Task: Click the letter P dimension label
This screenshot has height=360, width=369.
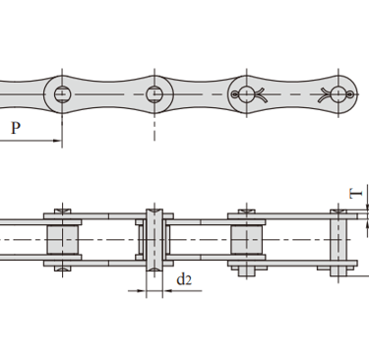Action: point(16,128)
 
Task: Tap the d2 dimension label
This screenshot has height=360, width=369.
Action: point(184,279)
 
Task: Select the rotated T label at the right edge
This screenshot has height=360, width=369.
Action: point(356,194)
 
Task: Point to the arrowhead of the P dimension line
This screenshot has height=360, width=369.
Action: point(58,141)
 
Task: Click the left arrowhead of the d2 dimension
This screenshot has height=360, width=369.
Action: point(142,290)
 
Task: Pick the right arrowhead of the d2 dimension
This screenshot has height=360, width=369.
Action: point(167,290)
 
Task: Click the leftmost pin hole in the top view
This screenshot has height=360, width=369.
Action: point(62,94)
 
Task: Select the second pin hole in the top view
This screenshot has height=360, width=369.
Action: point(154,94)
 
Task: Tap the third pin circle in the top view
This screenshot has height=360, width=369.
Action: point(247,94)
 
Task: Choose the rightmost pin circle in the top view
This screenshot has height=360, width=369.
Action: point(338,94)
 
